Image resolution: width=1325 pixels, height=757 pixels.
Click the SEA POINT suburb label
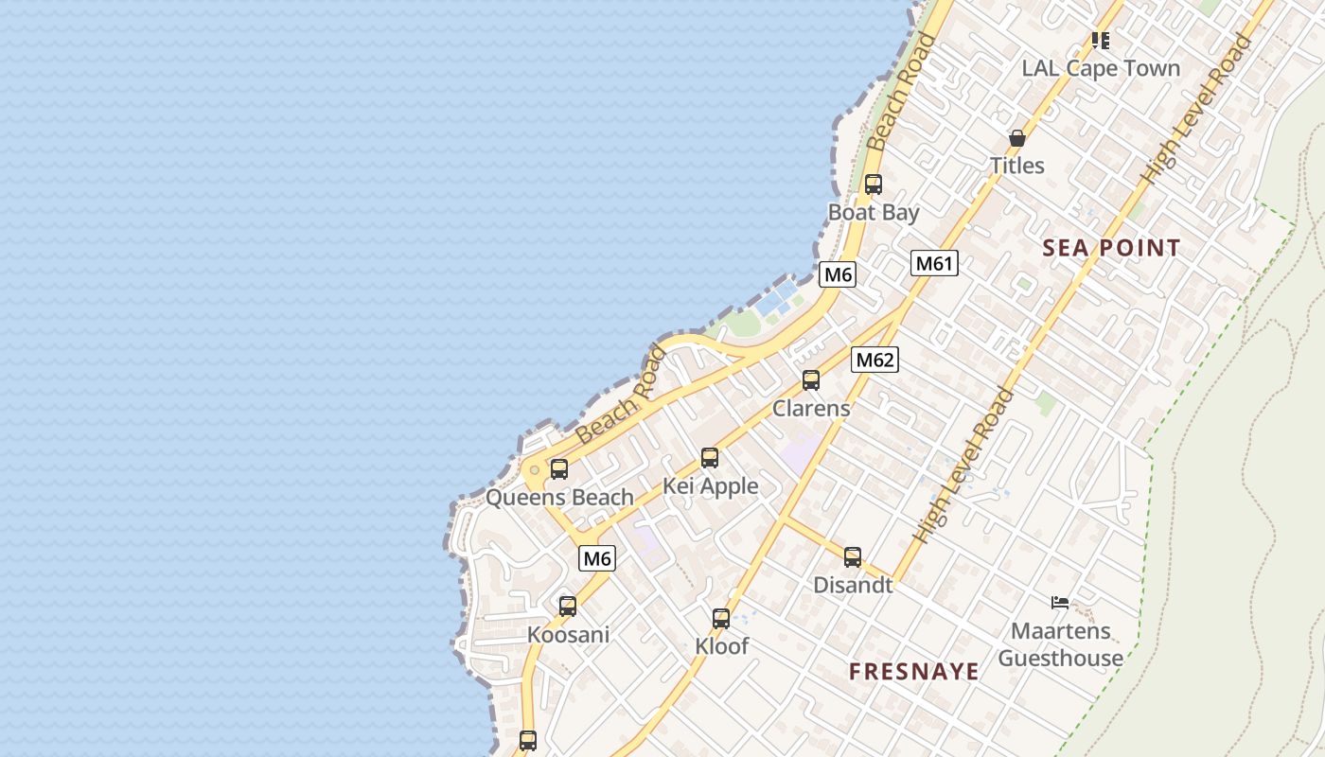coord(1111,249)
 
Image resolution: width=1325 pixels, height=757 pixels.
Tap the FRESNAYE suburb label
coord(913,672)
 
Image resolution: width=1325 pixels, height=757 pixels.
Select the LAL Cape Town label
coord(1101,69)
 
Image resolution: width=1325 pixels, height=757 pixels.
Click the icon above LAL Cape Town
coord(1100,41)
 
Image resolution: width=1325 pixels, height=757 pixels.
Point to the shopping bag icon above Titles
coord(1017,138)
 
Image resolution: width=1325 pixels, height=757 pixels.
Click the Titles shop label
coord(1017,166)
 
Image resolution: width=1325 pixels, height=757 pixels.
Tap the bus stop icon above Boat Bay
coord(873,185)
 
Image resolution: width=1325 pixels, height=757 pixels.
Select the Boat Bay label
coord(873,213)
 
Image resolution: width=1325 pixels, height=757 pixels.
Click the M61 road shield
coord(934,263)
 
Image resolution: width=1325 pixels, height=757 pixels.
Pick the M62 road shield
coord(874,360)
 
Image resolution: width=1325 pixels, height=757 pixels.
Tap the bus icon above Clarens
coord(811,380)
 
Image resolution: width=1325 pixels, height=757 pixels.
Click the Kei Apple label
coord(710,486)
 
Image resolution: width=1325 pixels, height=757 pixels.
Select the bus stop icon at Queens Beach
coord(559,469)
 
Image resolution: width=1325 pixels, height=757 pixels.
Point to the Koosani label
coord(568,635)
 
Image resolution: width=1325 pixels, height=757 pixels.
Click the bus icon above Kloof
coord(721,619)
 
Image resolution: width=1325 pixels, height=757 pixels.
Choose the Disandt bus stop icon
coord(853,557)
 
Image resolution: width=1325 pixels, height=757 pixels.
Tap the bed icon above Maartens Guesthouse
coord(1060,603)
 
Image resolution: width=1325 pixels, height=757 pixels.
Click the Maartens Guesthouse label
coord(1060,644)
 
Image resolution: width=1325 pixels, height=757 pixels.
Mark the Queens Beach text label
coord(559,498)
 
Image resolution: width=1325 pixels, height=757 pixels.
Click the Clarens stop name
coord(811,409)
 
